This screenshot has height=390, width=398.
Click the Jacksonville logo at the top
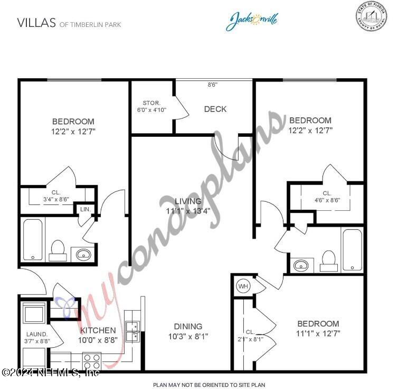coord(252,21)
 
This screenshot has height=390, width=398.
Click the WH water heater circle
coord(243,286)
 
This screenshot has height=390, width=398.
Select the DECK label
coord(215,109)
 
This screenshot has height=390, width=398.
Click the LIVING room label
coord(188,201)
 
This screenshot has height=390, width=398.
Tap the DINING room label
coord(188,327)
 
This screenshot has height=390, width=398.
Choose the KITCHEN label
coord(98,331)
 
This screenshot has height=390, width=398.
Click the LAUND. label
coord(37,335)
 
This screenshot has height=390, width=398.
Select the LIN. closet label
coord(86,209)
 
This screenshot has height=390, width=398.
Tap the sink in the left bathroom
coord(84,255)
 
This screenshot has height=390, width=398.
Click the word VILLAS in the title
coord(37,23)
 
